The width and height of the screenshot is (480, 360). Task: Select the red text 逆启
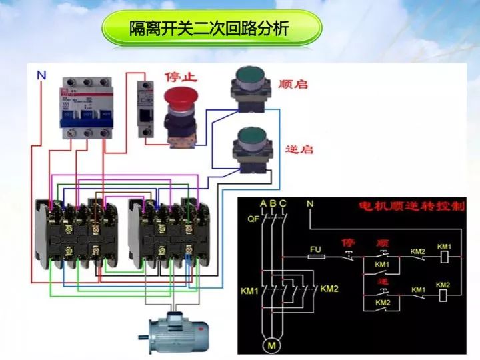point(299,149)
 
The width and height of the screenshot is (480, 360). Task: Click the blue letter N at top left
point(41,75)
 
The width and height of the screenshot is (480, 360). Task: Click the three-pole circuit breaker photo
point(85,107)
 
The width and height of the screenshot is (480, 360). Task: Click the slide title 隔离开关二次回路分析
point(211,29)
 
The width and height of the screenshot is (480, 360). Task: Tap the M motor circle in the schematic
point(271,345)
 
